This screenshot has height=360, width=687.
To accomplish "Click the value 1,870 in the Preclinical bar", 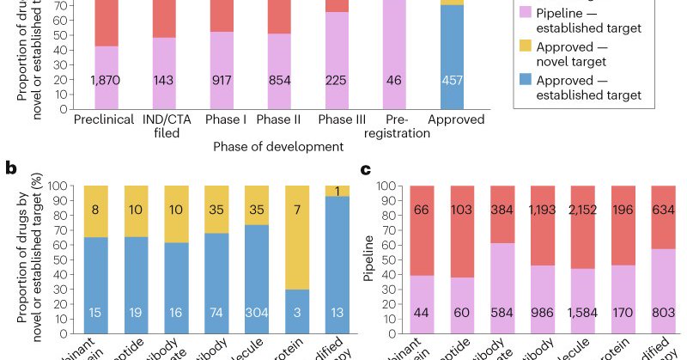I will (x=106, y=81).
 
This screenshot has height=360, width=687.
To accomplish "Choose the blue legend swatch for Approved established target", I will (x=527, y=88).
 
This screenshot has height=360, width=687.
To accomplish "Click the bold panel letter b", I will (x=10, y=168).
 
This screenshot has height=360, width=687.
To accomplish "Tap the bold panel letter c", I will (x=366, y=168).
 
